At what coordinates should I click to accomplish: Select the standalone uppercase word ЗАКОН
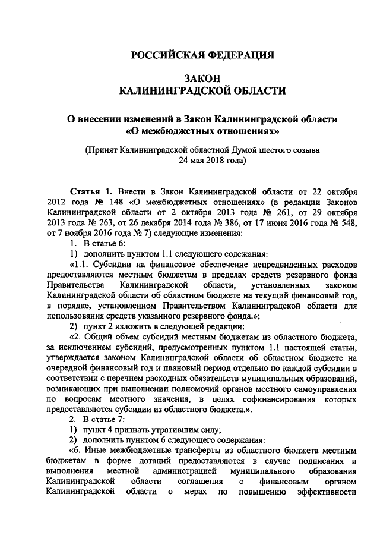[x=202, y=78]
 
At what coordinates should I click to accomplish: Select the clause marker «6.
[x=78, y=451]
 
